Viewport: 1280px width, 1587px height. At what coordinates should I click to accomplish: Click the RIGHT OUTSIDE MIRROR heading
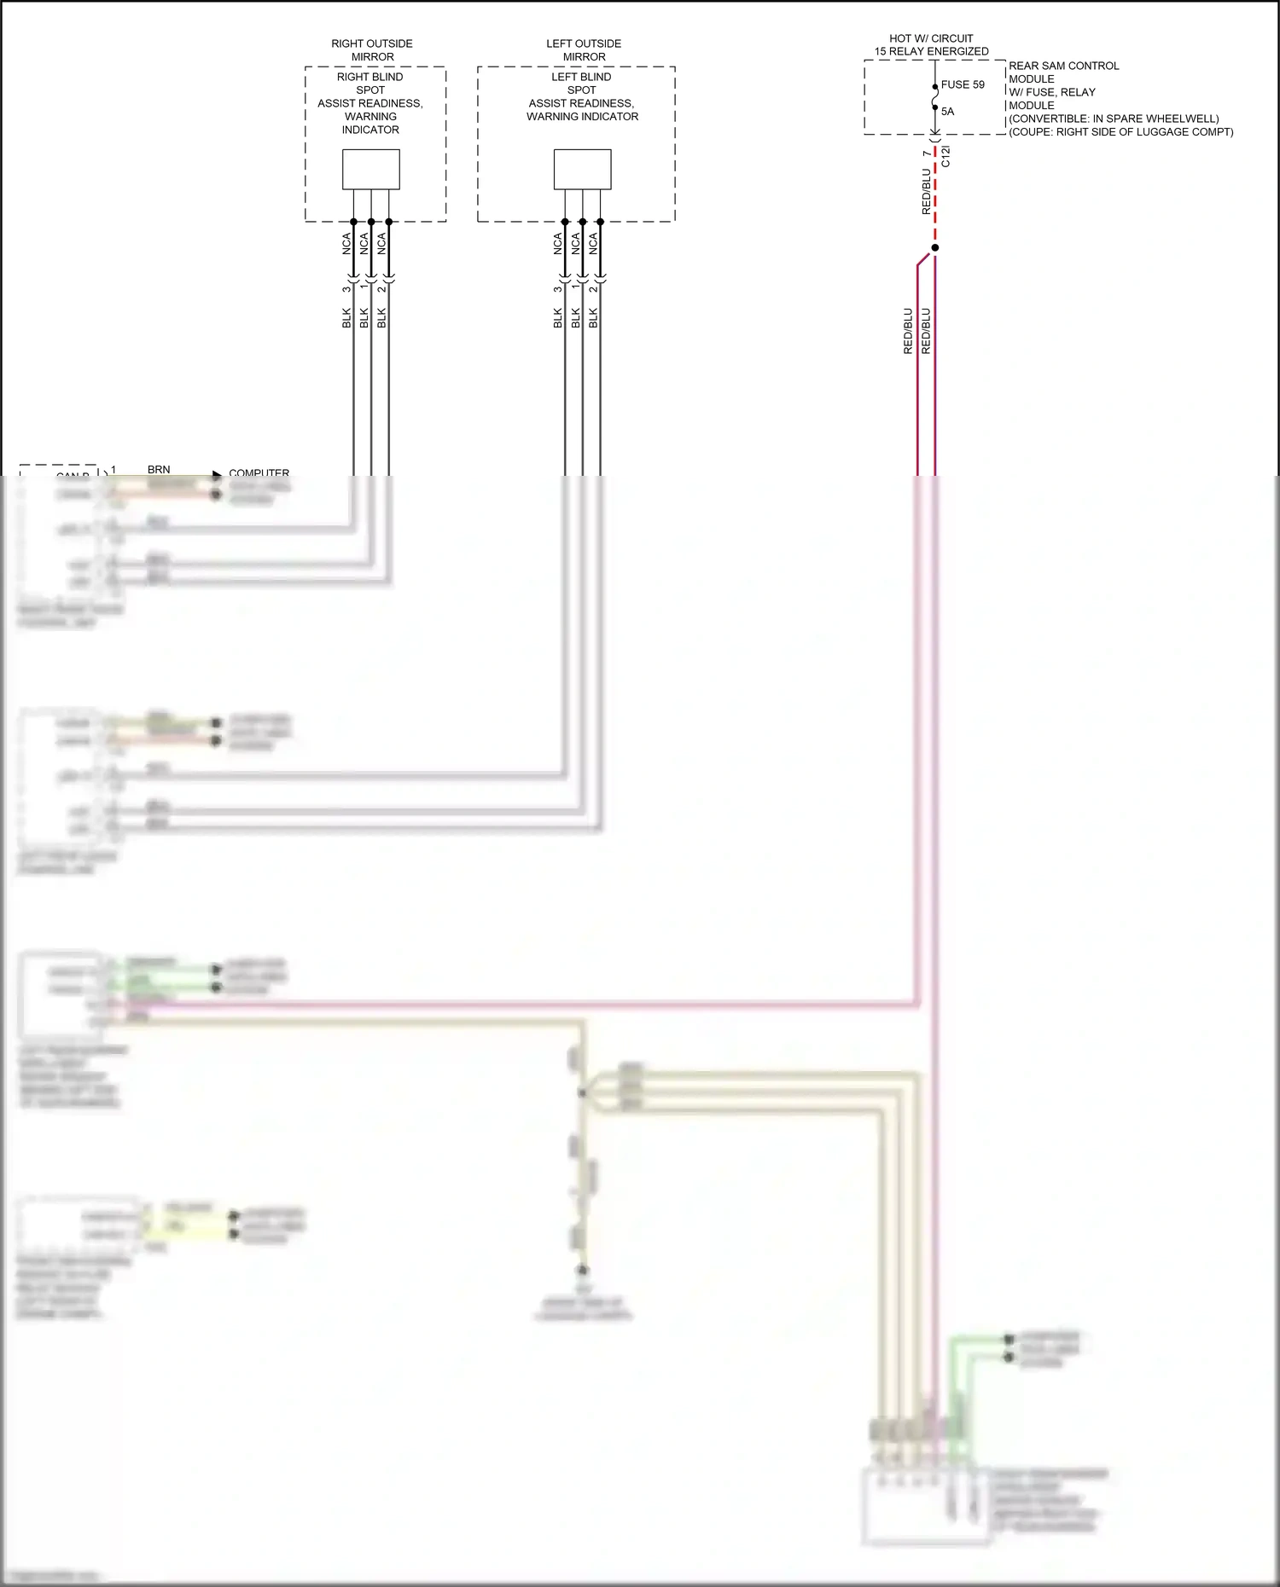click(x=372, y=50)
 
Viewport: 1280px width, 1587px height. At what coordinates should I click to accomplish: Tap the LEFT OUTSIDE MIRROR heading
click(x=584, y=50)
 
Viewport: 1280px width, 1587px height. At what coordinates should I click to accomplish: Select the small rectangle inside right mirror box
click(x=371, y=170)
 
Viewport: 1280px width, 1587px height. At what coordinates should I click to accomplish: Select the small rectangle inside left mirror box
click(x=582, y=170)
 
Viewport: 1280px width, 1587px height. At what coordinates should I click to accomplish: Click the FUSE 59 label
click(x=963, y=85)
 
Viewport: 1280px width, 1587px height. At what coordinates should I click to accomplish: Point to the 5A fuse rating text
click(x=947, y=112)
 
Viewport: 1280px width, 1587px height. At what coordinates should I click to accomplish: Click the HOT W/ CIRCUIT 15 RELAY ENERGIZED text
click(x=931, y=45)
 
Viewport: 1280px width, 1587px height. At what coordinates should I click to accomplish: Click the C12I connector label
click(x=945, y=156)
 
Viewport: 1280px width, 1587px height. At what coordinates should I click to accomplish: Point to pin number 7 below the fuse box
click(x=927, y=153)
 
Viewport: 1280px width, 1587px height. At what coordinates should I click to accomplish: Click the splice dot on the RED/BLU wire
click(x=935, y=248)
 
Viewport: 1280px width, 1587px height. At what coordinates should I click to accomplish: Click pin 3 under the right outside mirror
click(x=346, y=289)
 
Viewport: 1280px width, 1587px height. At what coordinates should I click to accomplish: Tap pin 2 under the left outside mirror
click(x=593, y=289)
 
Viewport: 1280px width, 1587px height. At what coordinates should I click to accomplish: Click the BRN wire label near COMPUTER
click(x=159, y=470)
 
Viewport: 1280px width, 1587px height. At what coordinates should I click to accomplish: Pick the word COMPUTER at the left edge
click(x=259, y=472)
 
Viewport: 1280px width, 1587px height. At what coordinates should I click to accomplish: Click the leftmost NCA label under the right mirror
click(x=346, y=244)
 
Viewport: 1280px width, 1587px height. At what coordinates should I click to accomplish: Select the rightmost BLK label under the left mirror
click(x=593, y=318)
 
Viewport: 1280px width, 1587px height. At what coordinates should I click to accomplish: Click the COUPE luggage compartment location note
click(x=1120, y=132)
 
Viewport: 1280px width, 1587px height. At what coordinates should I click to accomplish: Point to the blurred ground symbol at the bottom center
click(x=583, y=1271)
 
